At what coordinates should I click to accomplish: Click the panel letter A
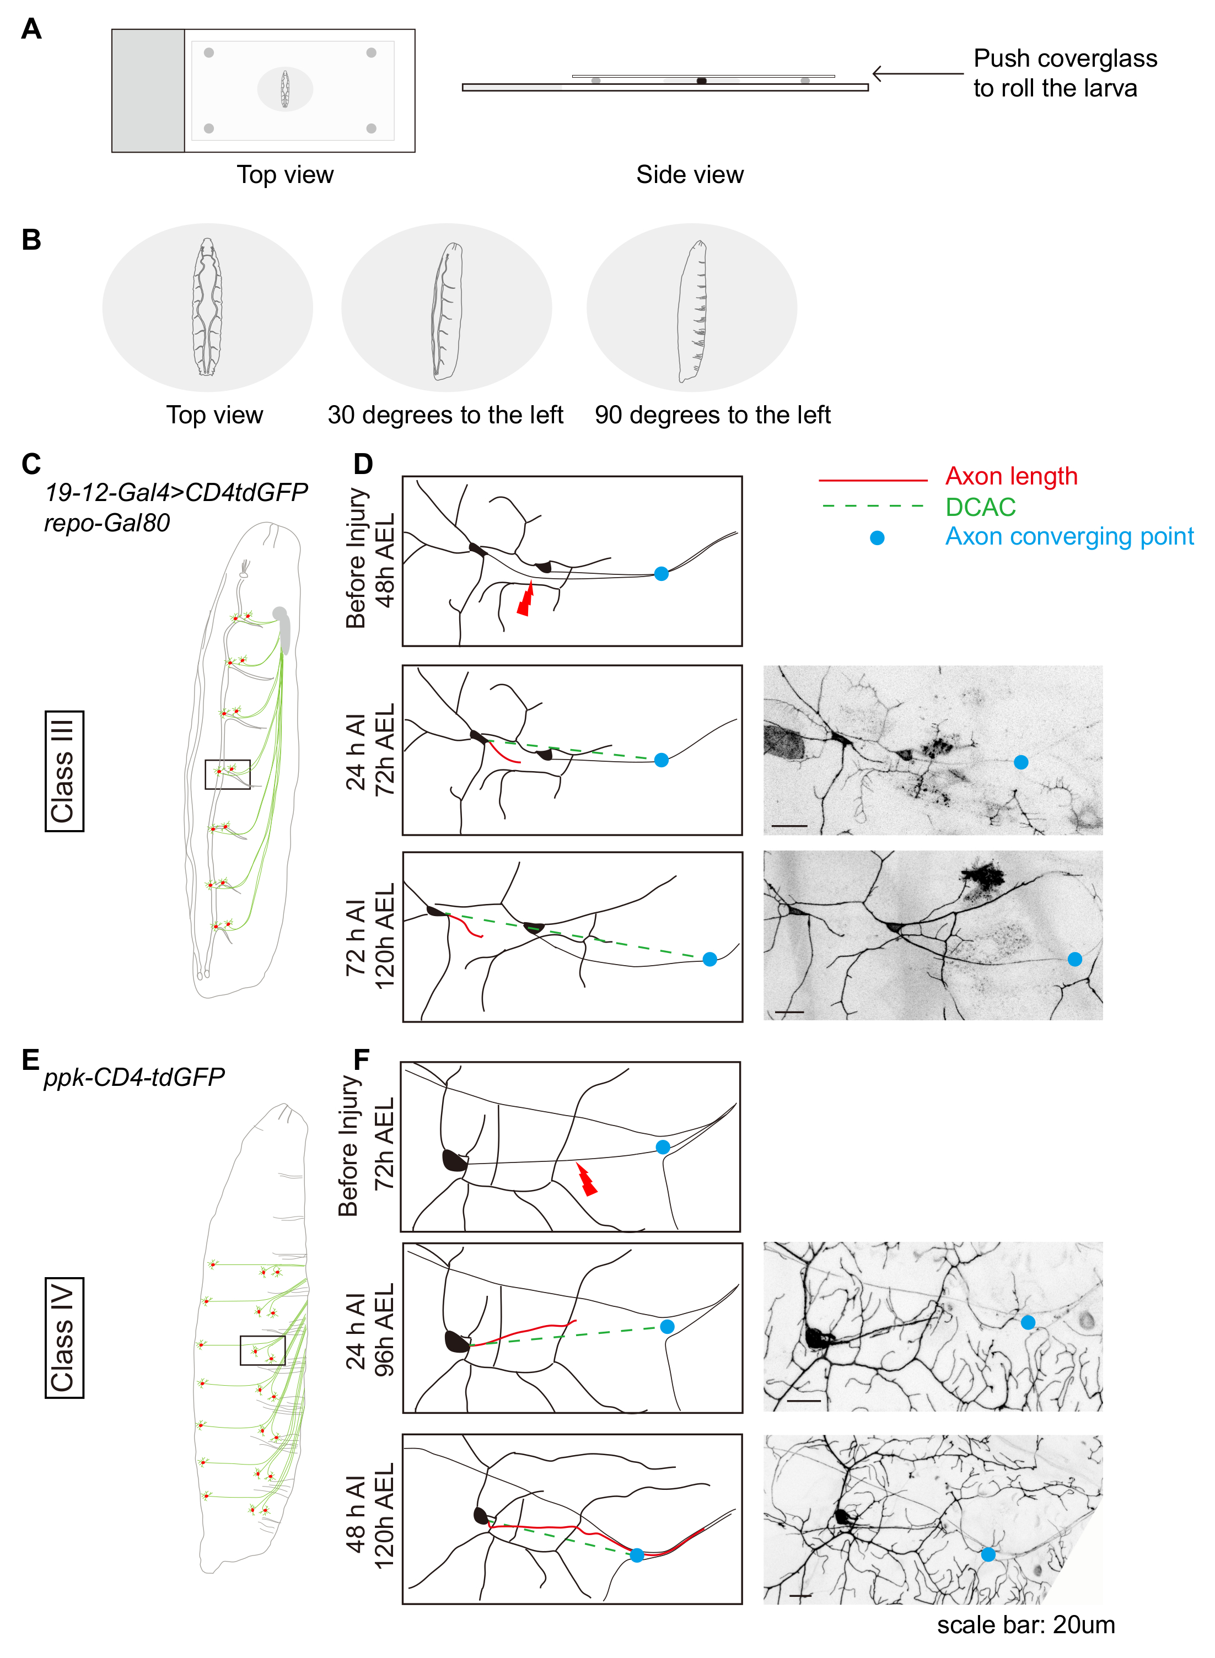pyautogui.click(x=31, y=29)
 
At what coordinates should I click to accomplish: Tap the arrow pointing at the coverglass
pyautogui.click(x=917, y=73)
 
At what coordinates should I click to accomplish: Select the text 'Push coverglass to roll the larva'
pyautogui.click(x=1065, y=73)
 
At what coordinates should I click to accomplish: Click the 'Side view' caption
pyautogui.click(x=690, y=174)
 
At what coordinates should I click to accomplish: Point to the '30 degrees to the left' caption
pyautogui.click(x=445, y=416)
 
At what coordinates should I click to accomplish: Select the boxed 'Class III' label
pyautogui.click(x=64, y=771)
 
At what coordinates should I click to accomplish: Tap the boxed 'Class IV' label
pyautogui.click(x=64, y=1337)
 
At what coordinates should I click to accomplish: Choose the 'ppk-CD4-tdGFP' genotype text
pyautogui.click(x=135, y=1077)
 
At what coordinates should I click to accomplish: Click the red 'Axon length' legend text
pyautogui.click(x=1011, y=476)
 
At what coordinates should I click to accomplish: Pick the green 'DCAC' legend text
pyautogui.click(x=980, y=507)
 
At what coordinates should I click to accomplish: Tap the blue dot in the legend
pyautogui.click(x=877, y=538)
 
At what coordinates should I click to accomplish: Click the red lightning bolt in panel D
pyautogui.click(x=525, y=597)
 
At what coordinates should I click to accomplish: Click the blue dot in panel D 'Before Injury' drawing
pyautogui.click(x=661, y=573)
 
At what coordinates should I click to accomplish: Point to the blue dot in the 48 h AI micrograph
pyautogui.click(x=988, y=1554)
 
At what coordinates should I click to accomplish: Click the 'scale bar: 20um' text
pyautogui.click(x=1026, y=1624)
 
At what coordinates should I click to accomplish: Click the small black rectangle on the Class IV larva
pyautogui.click(x=262, y=1350)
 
